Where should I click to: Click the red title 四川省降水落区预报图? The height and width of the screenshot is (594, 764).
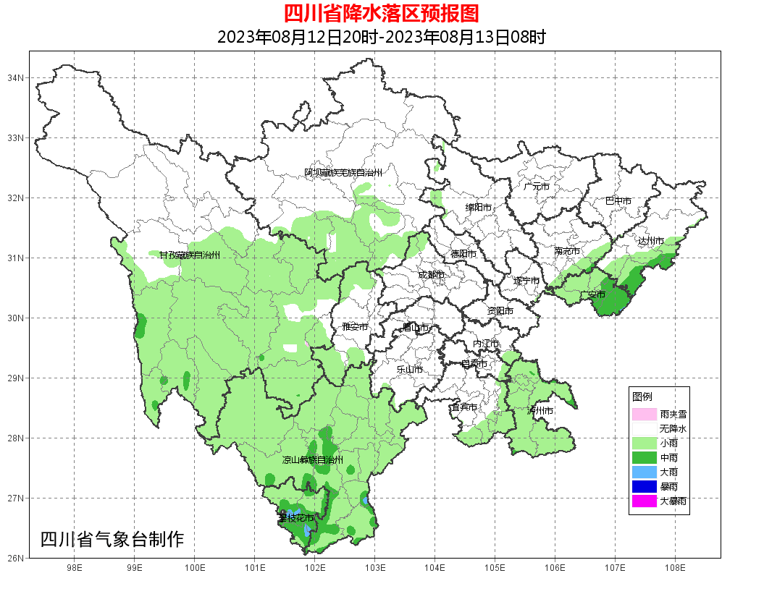coord(381,13)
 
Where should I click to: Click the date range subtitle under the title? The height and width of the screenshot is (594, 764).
coord(381,37)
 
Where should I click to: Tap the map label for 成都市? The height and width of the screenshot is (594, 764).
coord(431,275)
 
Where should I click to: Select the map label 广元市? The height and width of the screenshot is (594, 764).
coord(537,187)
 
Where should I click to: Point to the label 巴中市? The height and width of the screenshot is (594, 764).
coord(618,201)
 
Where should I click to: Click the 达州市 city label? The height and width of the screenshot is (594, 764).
coord(651,240)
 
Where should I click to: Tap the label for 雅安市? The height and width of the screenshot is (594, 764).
coord(355,327)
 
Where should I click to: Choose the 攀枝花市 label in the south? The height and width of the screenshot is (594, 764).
coord(297,519)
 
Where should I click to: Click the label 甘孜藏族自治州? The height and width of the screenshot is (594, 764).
coord(189,255)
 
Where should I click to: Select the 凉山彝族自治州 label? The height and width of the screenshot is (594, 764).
coord(312,460)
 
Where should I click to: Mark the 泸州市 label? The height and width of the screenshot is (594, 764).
coord(541,411)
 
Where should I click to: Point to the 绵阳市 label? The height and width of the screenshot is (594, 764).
coord(478,208)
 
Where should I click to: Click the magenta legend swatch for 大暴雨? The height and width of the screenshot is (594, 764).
coord(644,501)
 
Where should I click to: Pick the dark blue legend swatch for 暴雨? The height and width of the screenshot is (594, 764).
coord(644,486)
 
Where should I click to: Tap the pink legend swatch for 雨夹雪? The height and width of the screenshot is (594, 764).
coord(644,415)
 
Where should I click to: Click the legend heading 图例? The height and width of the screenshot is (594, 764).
coord(642,397)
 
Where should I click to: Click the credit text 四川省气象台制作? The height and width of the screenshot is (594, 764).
coord(112,539)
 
